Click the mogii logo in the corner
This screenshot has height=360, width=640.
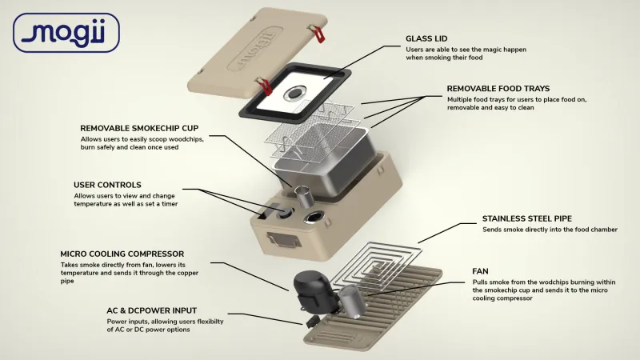click(x=66, y=33)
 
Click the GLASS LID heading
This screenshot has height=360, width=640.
click(x=426, y=38)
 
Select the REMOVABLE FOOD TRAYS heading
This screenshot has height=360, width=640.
click(x=498, y=89)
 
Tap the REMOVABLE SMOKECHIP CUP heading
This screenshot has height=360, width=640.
click(x=139, y=128)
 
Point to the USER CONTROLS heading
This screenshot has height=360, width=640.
click(x=107, y=185)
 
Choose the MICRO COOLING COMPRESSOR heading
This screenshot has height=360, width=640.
click(x=122, y=254)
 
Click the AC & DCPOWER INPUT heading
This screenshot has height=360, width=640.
click(x=152, y=310)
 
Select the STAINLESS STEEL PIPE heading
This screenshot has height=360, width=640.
click(x=527, y=218)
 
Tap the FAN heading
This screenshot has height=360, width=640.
click(x=480, y=271)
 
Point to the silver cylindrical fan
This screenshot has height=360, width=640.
click(x=353, y=302)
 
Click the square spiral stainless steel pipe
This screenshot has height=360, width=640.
click(x=374, y=266)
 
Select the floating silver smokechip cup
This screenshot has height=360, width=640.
click(x=304, y=196)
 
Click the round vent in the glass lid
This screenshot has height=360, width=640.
click(x=294, y=93)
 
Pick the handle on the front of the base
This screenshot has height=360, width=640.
click(x=284, y=239)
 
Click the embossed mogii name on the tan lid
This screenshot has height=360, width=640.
click(x=256, y=49)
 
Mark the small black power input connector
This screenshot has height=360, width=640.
click(x=312, y=321)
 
